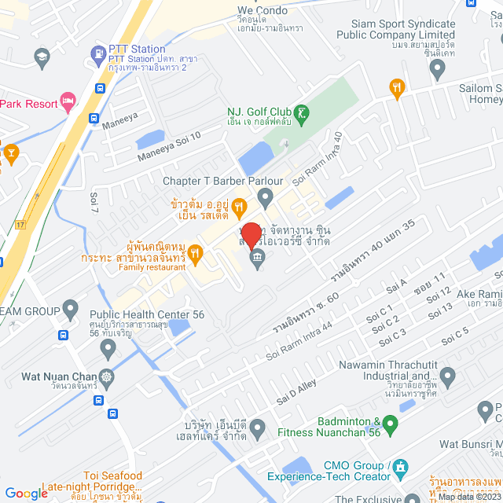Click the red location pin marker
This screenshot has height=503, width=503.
pos(251,236)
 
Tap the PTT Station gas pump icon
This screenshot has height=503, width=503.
pos(98,54)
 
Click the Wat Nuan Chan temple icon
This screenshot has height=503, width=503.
pos(106,376)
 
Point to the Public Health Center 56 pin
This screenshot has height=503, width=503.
pos(71,307)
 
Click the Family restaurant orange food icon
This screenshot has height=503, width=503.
pos(196,252)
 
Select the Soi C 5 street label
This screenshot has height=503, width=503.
pos(454,336)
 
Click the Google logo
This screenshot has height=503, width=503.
pos(27,493)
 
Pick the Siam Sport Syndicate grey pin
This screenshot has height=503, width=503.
pos(438,70)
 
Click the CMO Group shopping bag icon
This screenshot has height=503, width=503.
pos(402,469)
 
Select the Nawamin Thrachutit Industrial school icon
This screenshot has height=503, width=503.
pos(447,375)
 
